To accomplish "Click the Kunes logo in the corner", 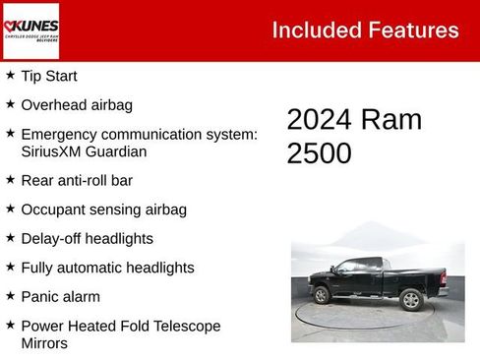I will click(x=31, y=30).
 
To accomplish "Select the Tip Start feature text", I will click(x=49, y=76).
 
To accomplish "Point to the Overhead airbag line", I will click(x=77, y=104).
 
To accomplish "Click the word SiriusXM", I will click(x=57, y=151).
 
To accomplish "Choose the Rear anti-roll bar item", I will click(x=77, y=180).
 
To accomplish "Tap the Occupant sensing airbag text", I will click(x=103, y=210).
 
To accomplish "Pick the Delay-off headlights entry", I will click(x=87, y=238).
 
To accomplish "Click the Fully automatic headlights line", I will click(x=107, y=268).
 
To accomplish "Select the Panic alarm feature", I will click(x=61, y=296).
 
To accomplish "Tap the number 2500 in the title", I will click(x=319, y=153).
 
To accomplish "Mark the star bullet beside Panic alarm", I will click(x=10, y=295).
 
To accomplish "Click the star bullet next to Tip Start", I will click(x=10, y=75).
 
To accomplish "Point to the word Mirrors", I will click(x=44, y=344).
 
